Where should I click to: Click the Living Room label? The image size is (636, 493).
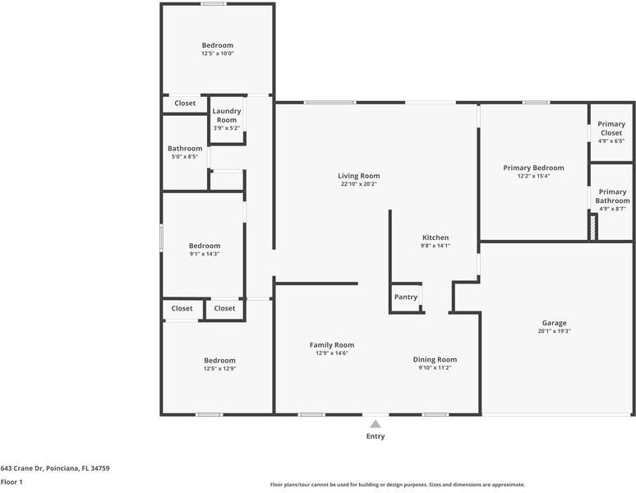358,175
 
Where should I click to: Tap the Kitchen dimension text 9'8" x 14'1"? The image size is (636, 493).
436,246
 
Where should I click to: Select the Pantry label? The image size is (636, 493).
406,297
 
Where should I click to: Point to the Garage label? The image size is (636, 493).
554,323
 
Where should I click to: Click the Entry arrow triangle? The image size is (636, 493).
375,424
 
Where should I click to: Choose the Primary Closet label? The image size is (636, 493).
611,128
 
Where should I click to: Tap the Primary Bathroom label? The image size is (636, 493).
612,196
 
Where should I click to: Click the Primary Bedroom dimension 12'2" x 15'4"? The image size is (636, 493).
533,176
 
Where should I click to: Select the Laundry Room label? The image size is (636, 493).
226,115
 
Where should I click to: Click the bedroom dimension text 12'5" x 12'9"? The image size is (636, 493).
219,369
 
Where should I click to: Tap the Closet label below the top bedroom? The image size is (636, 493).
185,104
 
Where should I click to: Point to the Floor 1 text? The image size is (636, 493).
12,482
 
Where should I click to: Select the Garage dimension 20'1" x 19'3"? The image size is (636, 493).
554,331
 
